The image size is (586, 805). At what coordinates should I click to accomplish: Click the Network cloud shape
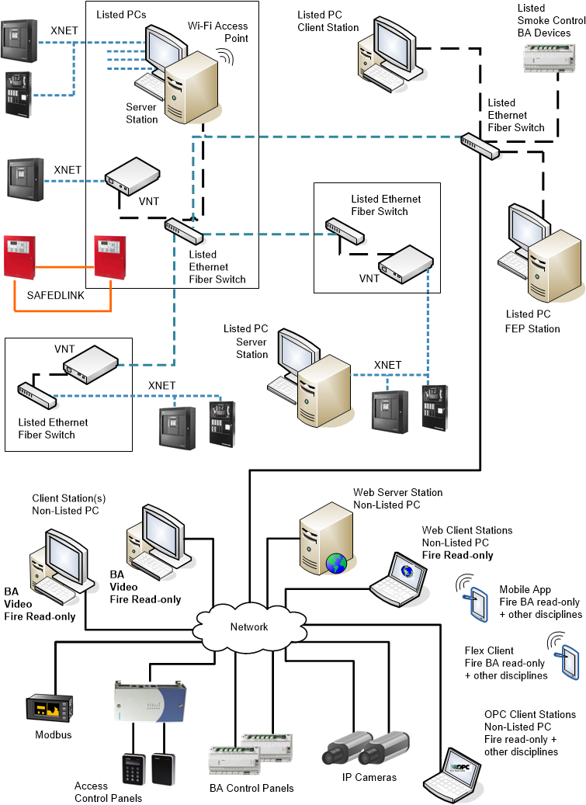[248, 626]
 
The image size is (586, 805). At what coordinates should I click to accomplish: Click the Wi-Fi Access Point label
[218, 32]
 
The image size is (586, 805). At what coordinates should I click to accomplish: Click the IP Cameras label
[369, 777]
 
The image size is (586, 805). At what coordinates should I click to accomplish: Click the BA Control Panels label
[251, 788]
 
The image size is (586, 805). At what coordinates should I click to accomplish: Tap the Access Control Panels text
[108, 792]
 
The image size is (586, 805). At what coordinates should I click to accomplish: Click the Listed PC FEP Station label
[532, 321]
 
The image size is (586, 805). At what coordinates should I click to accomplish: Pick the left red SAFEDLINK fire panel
[19, 256]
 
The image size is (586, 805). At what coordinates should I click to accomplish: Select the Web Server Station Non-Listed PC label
[397, 498]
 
